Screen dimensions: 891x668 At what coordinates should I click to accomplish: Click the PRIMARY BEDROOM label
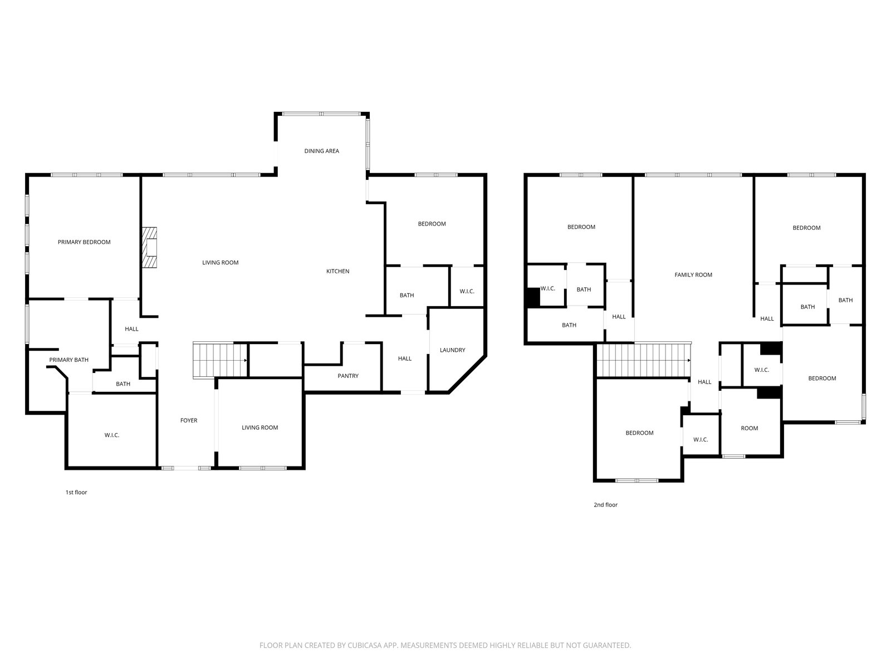point(84,242)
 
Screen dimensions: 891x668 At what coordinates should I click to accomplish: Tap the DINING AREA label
point(321,151)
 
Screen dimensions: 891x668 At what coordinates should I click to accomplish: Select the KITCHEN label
point(337,271)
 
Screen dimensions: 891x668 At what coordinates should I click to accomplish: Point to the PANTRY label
point(348,376)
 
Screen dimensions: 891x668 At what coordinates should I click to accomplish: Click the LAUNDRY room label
point(453,350)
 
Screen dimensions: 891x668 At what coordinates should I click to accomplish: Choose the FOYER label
point(189,421)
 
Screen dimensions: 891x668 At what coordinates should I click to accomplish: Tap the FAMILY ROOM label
point(693,275)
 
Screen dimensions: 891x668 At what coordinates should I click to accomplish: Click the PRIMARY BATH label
point(68,360)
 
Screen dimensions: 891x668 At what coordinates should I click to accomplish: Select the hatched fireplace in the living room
point(149,247)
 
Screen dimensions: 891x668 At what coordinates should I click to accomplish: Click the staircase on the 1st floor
point(220,361)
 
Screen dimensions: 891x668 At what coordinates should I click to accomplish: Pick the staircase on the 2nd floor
point(644,360)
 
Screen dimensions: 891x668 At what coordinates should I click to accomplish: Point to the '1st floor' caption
point(76,493)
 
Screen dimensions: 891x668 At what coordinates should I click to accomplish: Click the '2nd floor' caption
point(606,505)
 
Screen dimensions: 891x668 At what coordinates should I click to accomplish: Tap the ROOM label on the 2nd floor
point(750,428)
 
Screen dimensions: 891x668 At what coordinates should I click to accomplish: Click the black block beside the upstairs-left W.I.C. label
point(533,297)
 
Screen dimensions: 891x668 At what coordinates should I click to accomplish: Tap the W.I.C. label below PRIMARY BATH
point(111,435)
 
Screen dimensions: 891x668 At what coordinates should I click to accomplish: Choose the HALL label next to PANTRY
point(405,358)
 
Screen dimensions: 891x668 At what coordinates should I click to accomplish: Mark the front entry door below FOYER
point(186,468)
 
